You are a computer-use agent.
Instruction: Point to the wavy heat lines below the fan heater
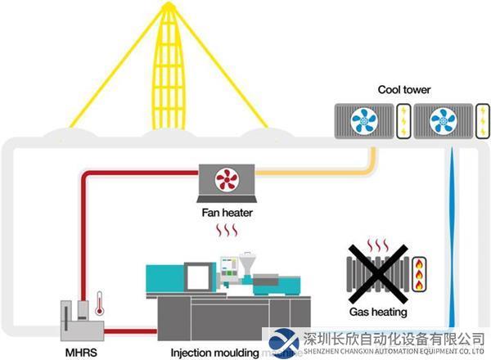[x=226, y=232]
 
